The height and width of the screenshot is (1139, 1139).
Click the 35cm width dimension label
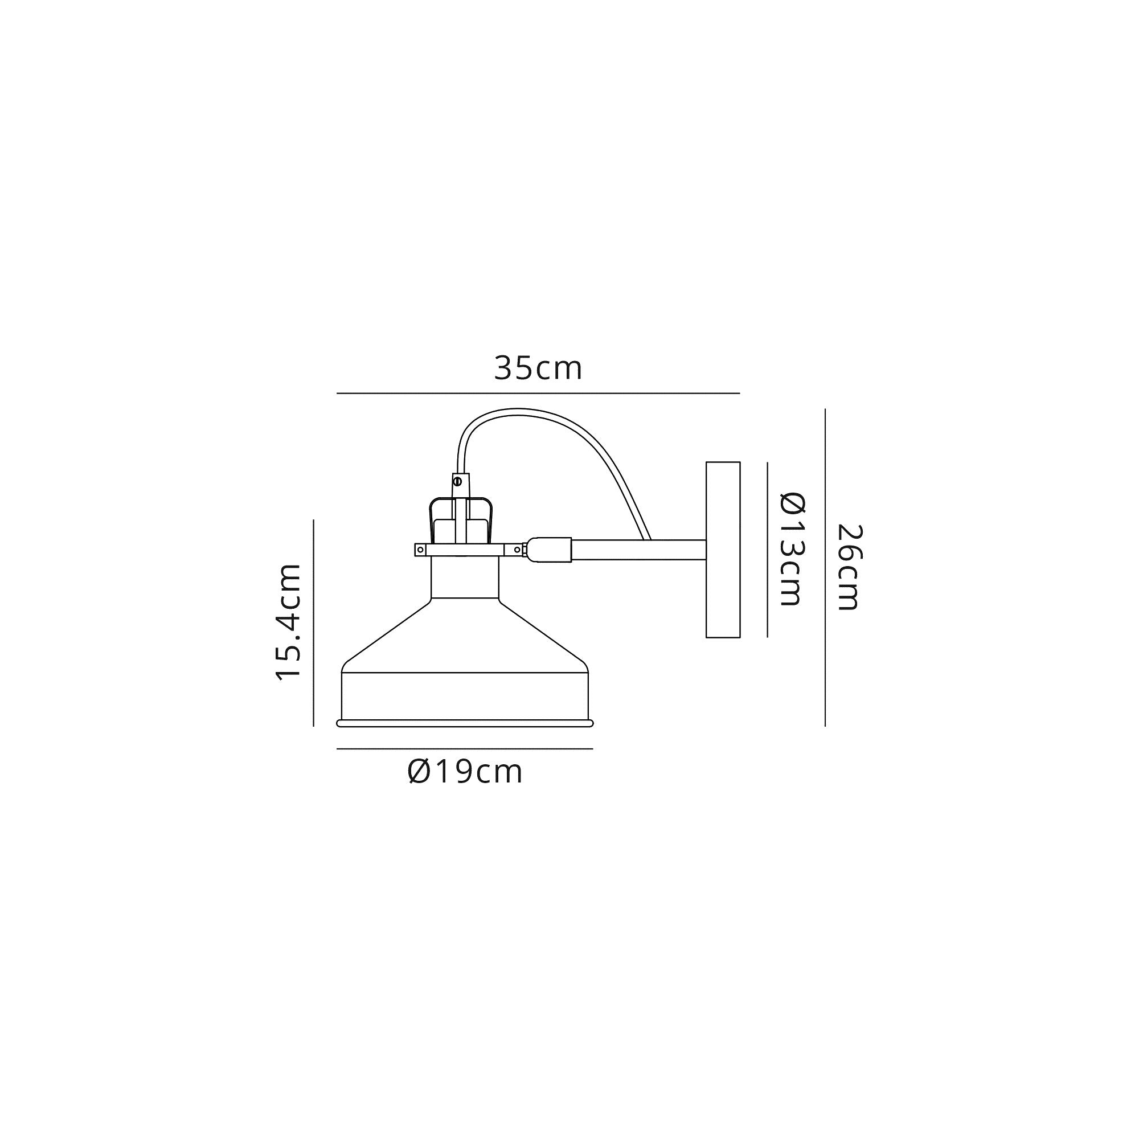pyautogui.click(x=538, y=368)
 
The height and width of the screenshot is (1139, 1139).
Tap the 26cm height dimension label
pyautogui.click(x=850, y=567)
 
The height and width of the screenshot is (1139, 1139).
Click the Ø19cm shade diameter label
pyautogui.click(x=465, y=772)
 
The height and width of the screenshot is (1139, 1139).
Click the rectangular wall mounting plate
pyautogui.click(x=723, y=550)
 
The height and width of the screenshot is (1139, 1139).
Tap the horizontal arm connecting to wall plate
pyautogui.click(x=638, y=550)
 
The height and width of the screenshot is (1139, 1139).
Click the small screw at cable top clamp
pyautogui.click(x=457, y=481)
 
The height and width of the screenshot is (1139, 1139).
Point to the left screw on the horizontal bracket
pyautogui.click(x=420, y=550)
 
